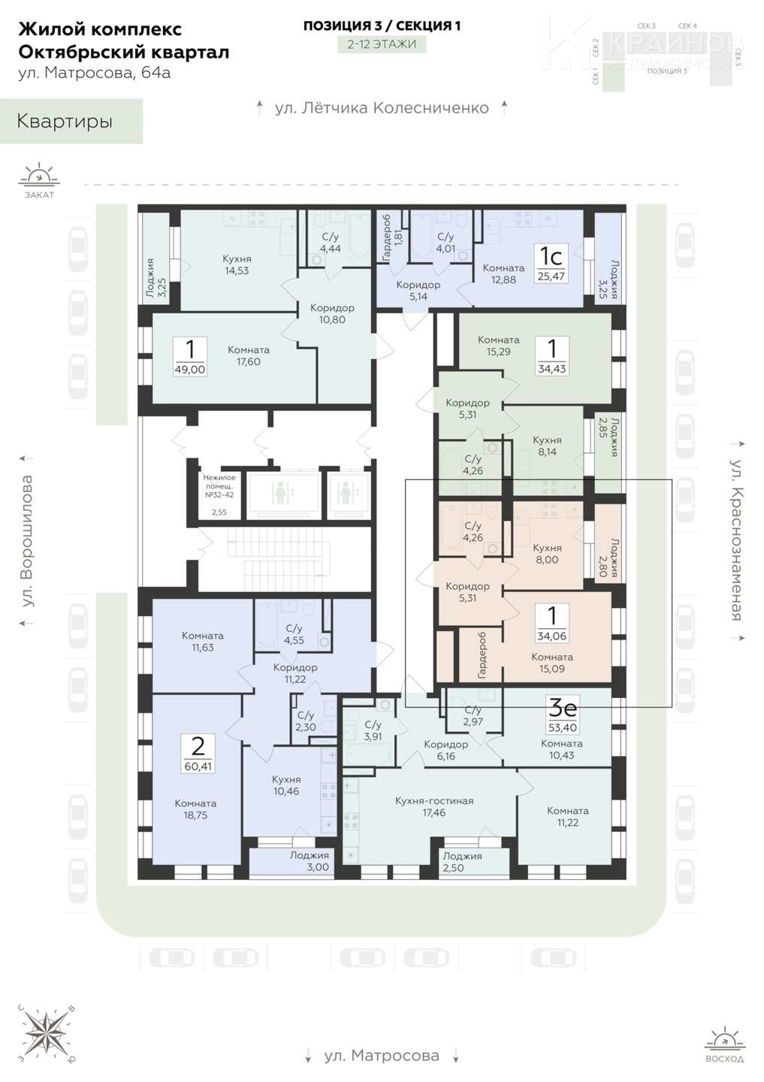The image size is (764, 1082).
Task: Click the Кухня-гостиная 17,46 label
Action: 433,807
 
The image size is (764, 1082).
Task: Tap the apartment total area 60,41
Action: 198,766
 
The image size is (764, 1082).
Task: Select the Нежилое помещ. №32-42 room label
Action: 219,486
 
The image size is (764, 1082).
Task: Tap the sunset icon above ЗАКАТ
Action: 39,175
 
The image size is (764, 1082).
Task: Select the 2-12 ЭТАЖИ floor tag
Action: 382,44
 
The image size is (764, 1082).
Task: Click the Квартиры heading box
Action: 71,121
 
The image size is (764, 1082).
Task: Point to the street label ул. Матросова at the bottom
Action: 382,1056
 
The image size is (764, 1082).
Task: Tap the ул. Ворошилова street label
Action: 28,541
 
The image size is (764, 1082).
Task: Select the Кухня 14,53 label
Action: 237,264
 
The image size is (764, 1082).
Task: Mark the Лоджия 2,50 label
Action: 462,861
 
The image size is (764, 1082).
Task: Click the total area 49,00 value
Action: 190,370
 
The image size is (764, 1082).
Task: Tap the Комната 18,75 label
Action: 195,809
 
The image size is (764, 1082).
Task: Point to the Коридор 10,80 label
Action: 332,313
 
